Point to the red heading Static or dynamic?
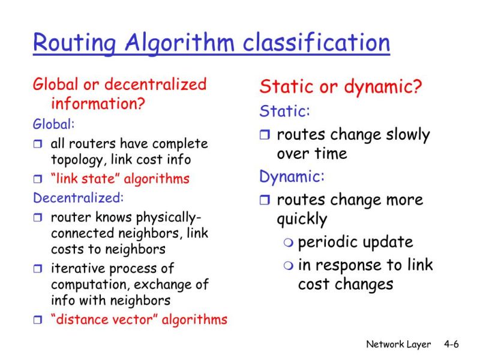[x=341, y=87]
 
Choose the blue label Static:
[x=284, y=112]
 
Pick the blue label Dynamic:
[x=292, y=176]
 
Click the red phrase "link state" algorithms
[x=120, y=179]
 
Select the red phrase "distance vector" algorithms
[x=139, y=319]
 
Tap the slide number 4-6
[x=451, y=344]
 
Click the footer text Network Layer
[x=398, y=344]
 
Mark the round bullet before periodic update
[x=289, y=243]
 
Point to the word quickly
[x=302, y=220]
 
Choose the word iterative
[x=73, y=268]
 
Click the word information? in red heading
[x=98, y=103]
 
